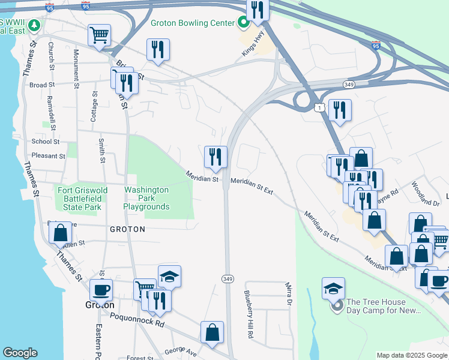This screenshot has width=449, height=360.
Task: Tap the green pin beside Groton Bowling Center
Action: pyautogui.click(x=244, y=23)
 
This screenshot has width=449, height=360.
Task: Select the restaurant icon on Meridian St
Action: pyautogui.click(x=215, y=157)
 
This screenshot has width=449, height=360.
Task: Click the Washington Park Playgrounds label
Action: pyautogui.click(x=146, y=198)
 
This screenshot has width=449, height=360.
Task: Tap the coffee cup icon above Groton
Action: pyautogui.click(x=101, y=290)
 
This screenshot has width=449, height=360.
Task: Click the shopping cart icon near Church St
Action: pyautogui.click(x=99, y=34)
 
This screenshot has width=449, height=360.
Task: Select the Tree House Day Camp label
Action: pyautogui.click(x=385, y=306)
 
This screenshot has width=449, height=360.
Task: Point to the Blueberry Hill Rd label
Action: pyautogui.click(x=249, y=314)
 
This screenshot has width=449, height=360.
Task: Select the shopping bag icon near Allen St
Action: pyautogui.click(x=61, y=233)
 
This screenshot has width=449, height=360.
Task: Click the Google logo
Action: pyautogui.click(x=20, y=353)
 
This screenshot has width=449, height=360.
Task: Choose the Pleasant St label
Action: pyautogui.click(x=48, y=156)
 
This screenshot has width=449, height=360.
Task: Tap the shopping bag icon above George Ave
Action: pyautogui.click(x=212, y=332)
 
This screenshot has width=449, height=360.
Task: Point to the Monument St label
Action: pyautogui.click(x=76, y=67)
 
